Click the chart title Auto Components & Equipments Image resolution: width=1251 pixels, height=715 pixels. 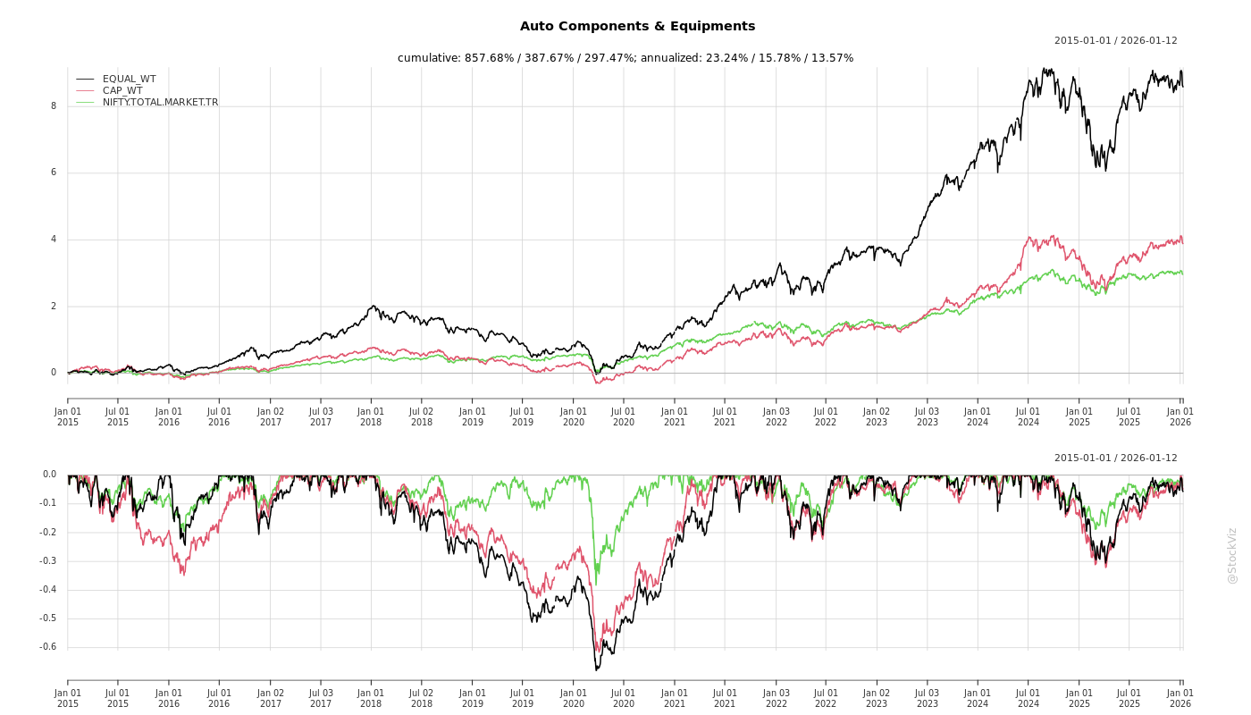click(637, 27)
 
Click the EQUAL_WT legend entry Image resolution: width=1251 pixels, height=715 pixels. click(129, 80)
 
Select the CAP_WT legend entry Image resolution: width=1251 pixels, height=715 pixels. click(122, 90)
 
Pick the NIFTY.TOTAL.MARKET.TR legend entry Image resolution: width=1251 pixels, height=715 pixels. click(160, 103)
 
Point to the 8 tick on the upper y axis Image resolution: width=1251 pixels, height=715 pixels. click(54, 106)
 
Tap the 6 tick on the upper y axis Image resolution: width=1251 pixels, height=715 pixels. click(54, 172)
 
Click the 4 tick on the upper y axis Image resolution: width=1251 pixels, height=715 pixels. click(54, 240)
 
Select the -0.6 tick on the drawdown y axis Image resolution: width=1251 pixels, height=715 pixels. click(48, 647)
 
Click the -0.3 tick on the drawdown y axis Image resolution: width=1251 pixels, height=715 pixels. click(48, 561)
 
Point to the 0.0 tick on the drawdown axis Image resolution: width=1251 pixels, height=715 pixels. click(49, 475)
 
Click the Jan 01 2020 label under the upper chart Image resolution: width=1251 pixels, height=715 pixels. click(574, 416)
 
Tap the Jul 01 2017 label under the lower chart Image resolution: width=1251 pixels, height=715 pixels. click(321, 698)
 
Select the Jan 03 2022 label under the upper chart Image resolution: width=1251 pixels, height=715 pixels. click(776, 416)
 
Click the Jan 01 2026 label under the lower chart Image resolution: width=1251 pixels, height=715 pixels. click(1180, 698)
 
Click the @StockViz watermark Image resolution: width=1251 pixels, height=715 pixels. click(1232, 555)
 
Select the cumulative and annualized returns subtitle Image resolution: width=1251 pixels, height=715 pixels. click(625, 58)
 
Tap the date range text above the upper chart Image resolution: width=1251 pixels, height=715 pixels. click(1115, 41)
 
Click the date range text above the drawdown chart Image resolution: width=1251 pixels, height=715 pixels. click(1115, 458)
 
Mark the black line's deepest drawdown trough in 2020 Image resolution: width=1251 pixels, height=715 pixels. click(596, 669)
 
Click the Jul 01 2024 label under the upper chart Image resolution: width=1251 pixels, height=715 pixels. click(1029, 416)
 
